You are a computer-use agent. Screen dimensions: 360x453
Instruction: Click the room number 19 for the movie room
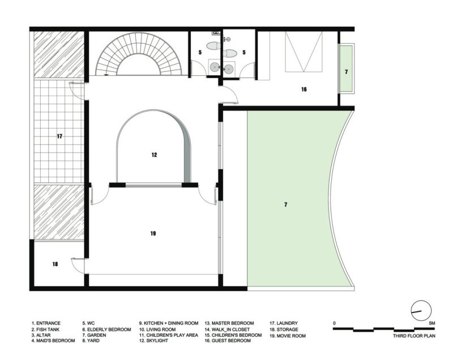coord(153,233)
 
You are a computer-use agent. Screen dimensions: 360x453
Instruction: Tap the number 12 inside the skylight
coord(153,155)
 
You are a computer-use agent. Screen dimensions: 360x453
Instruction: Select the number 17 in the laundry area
coord(59,136)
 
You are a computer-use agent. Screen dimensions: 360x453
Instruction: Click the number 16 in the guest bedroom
coord(304,89)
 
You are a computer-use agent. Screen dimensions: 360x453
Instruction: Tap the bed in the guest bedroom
coord(304,52)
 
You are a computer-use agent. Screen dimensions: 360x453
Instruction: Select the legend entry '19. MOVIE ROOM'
coord(289,335)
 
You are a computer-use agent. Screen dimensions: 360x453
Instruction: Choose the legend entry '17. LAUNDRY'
coord(284,323)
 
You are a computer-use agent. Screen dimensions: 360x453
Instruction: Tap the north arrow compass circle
coord(421,311)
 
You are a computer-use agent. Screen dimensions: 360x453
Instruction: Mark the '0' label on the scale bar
coord(335,323)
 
